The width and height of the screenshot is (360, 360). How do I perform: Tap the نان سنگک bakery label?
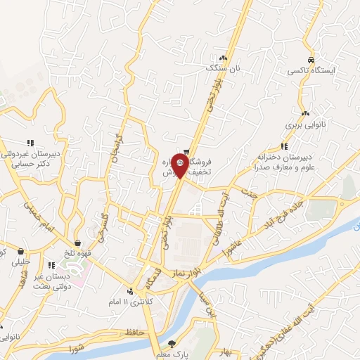coord(223,68)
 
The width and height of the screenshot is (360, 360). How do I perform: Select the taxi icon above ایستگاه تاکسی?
coord(311,60)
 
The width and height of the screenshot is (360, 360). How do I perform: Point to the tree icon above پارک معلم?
coord(173,344)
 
